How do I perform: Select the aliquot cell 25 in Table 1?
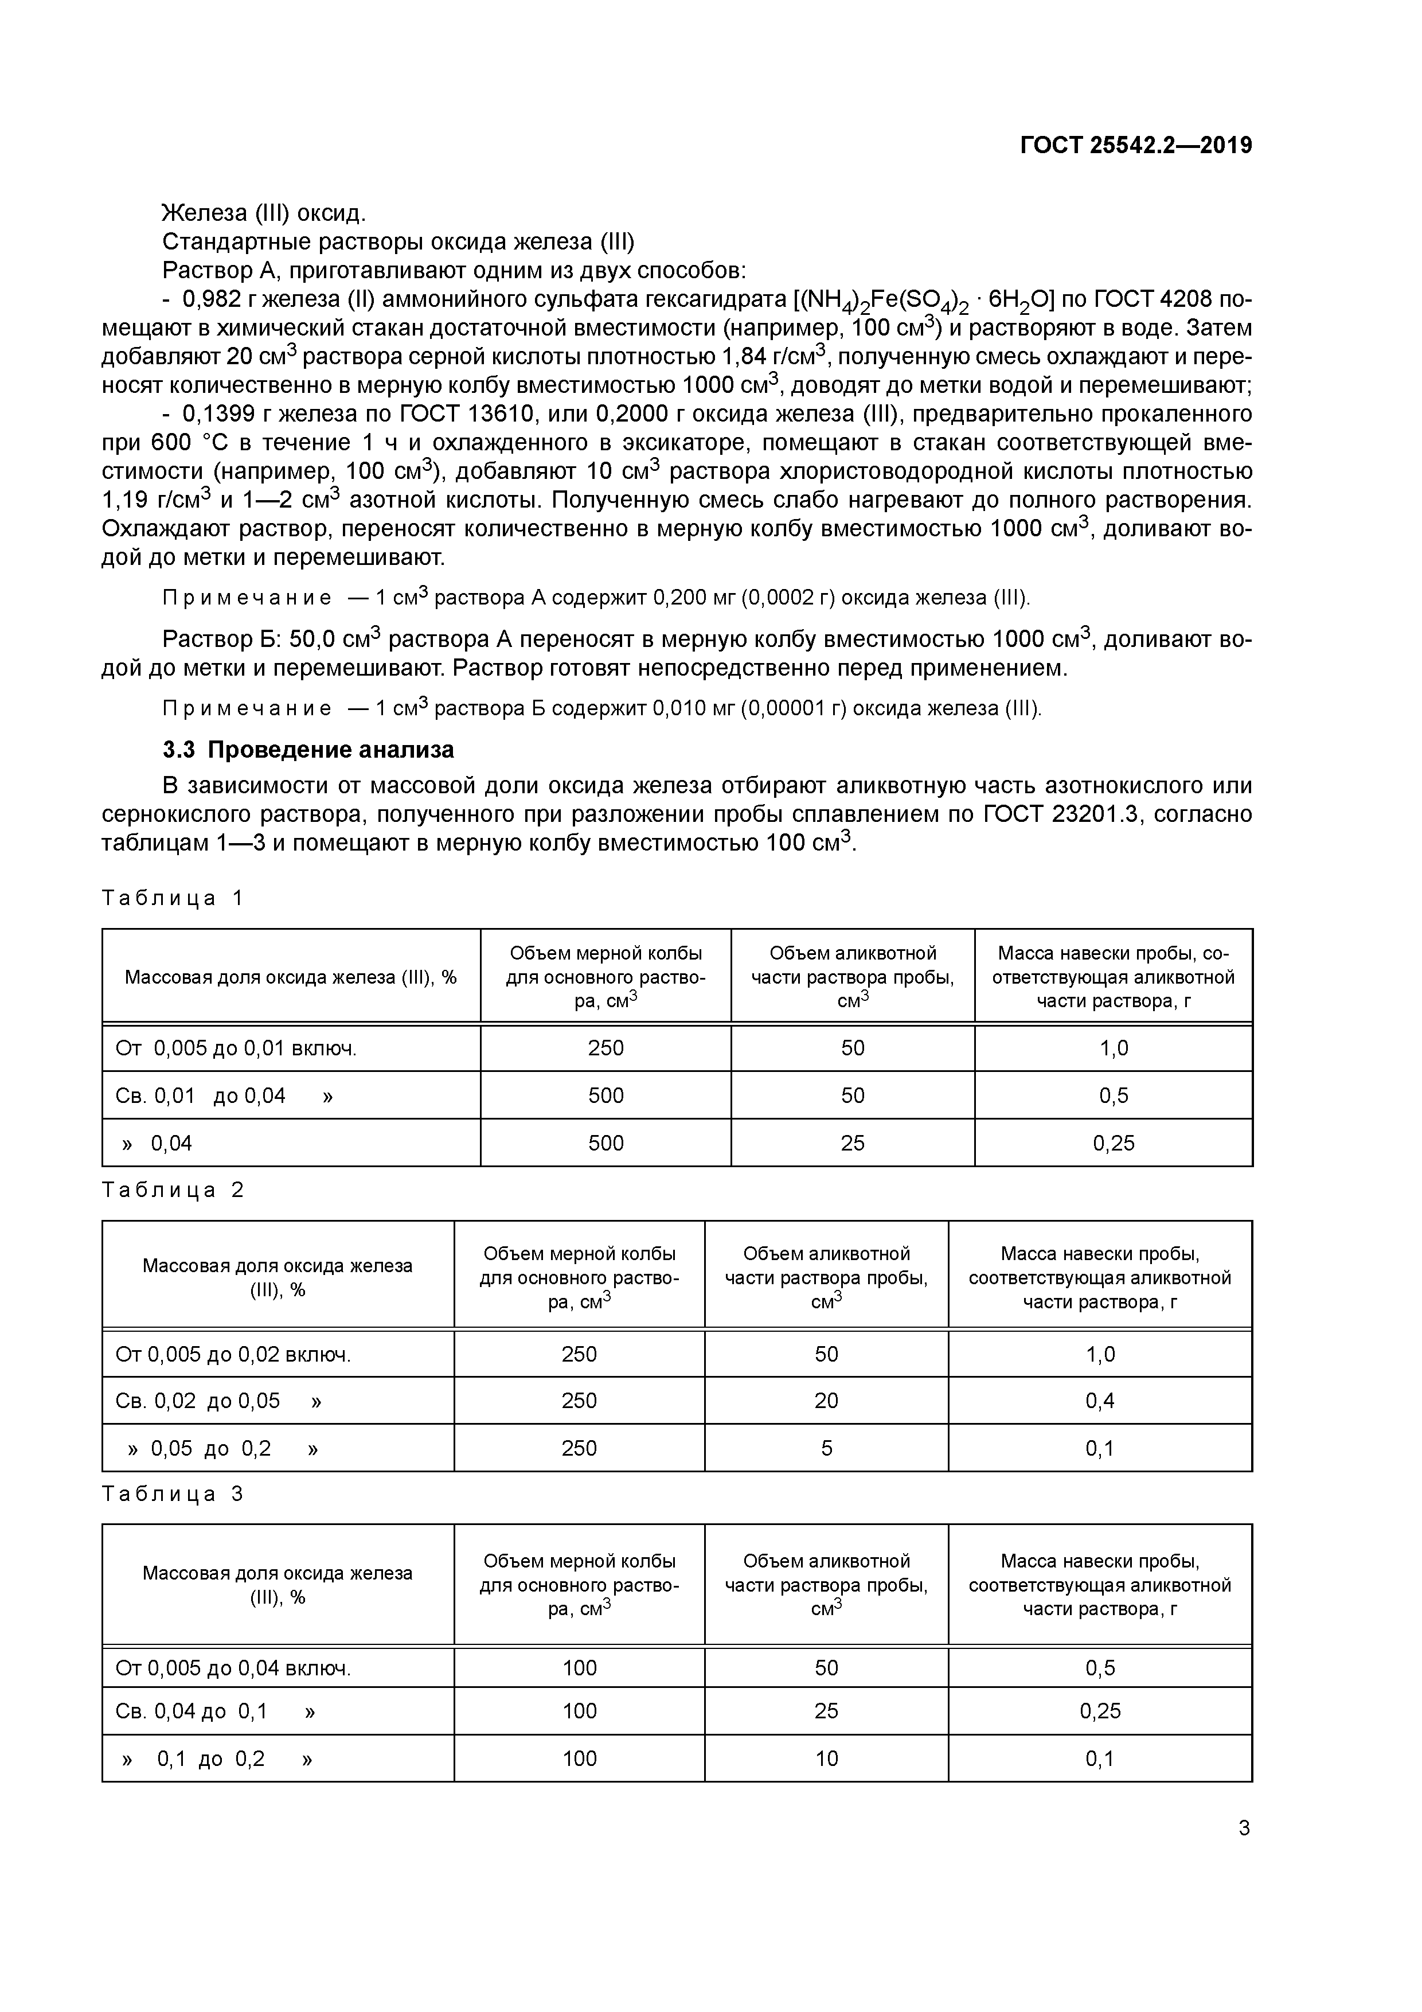(x=853, y=1143)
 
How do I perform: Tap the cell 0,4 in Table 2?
(x=1100, y=1401)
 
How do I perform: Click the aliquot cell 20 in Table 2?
(x=826, y=1401)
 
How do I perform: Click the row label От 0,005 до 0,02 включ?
(x=233, y=1354)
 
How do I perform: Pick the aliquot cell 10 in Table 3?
(x=826, y=1758)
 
